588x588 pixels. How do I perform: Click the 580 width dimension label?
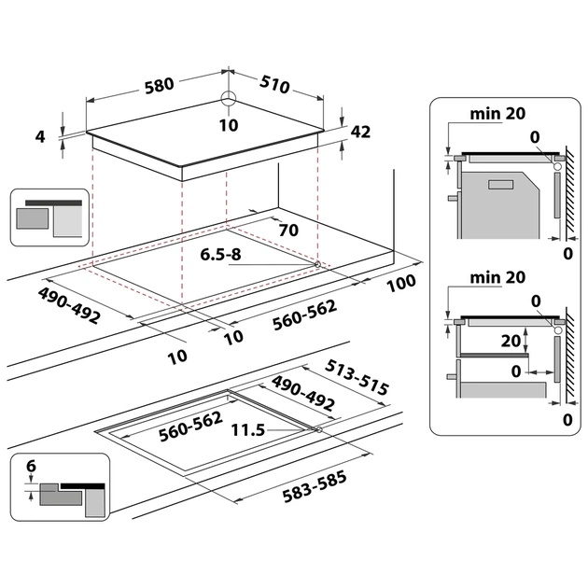tap(159, 85)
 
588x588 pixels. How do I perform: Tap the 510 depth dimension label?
tap(275, 85)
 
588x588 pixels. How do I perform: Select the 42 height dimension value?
tap(360, 132)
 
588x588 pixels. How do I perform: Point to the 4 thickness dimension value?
tap(40, 136)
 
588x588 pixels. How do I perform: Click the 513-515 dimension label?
tap(358, 376)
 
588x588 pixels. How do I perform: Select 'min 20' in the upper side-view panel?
tap(497, 114)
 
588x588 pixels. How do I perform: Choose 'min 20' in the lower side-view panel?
tap(497, 276)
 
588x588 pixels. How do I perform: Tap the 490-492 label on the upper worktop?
tap(70, 303)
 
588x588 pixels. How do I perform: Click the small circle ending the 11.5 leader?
tap(320, 430)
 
